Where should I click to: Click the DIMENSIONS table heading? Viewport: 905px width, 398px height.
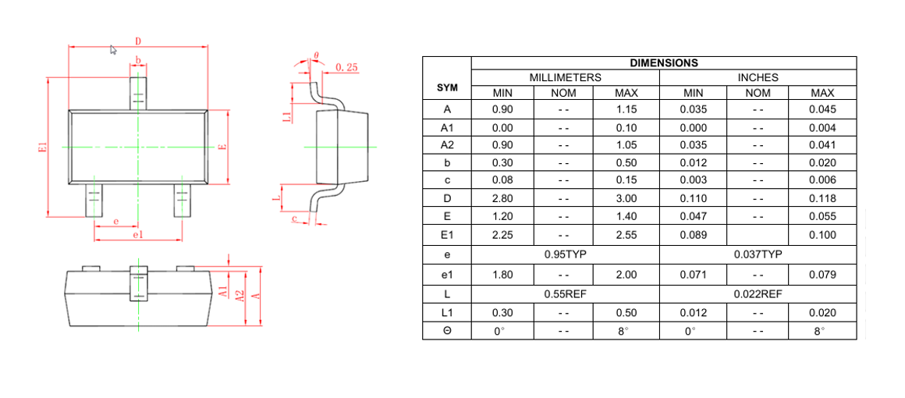click(663, 63)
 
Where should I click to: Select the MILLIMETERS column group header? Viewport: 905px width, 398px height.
click(565, 78)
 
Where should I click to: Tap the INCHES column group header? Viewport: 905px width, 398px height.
click(758, 78)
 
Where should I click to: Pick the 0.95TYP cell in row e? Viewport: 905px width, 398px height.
click(565, 254)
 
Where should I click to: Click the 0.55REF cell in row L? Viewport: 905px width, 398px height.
click(565, 294)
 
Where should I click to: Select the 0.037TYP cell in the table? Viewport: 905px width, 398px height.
click(758, 254)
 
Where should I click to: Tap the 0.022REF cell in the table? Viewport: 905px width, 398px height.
click(758, 294)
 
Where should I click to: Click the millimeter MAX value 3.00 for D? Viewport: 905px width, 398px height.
click(626, 199)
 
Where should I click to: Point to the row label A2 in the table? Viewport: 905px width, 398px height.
click(447, 145)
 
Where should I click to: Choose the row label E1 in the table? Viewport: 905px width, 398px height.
click(447, 235)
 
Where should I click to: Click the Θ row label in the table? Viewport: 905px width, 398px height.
click(447, 331)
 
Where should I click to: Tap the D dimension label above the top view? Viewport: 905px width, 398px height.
click(138, 41)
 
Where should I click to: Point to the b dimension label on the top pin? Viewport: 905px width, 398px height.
click(138, 60)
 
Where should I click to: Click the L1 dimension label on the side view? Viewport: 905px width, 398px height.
click(286, 116)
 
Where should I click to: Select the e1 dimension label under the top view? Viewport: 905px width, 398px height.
click(138, 234)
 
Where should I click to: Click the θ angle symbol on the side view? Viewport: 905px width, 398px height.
click(316, 56)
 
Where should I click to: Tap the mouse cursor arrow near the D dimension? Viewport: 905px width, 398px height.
click(113, 50)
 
